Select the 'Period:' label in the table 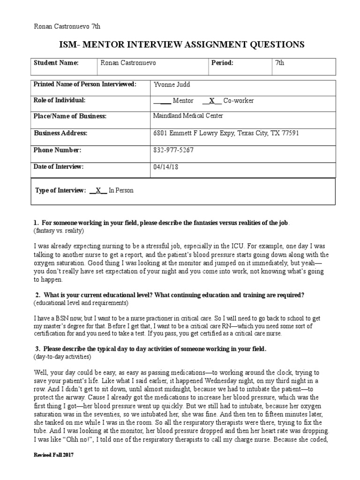(222, 63)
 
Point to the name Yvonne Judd (172, 84)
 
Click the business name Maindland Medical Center (188, 116)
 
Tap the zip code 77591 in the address (289, 133)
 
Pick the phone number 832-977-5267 (173, 150)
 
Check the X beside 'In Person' (98, 191)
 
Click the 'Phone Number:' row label (58, 150)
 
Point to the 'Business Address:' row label (60, 133)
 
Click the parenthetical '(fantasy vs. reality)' (59, 232)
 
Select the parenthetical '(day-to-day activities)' (62, 357)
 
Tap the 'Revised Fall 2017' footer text (54, 456)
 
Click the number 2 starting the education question (37, 295)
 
